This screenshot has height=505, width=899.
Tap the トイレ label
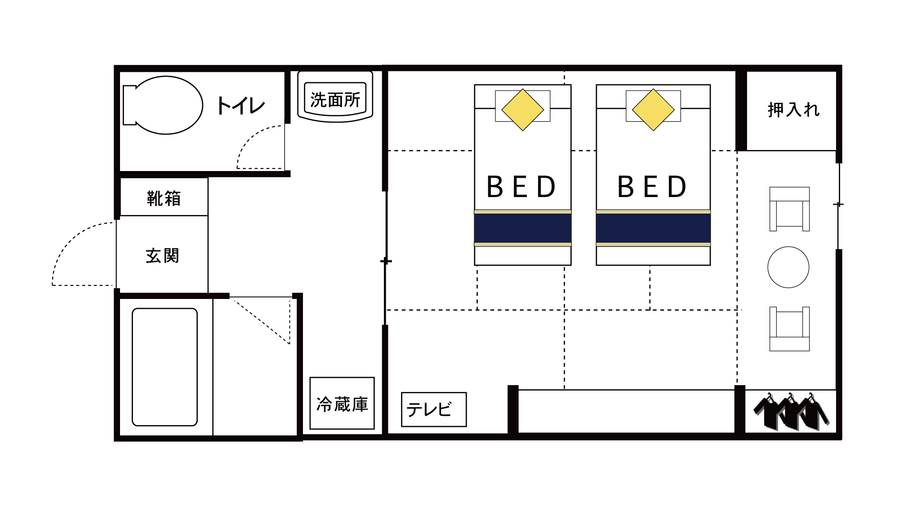[x=240, y=106]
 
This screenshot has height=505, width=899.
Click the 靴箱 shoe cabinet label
[x=164, y=198]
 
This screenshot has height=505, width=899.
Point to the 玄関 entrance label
[x=162, y=256]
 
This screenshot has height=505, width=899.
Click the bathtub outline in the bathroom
[x=165, y=367]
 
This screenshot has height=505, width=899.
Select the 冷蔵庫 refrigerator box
[x=342, y=404]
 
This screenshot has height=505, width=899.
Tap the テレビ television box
[x=433, y=409]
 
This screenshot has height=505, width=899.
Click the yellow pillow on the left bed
[x=522, y=110]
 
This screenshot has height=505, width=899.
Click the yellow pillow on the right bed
[x=653, y=110]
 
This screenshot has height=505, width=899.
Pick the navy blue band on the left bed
[x=522, y=228]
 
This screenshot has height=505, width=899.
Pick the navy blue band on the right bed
[x=653, y=228]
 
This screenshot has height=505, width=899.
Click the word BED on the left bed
[x=521, y=187]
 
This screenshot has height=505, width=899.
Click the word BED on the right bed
[x=652, y=187]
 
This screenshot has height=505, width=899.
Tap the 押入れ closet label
[x=793, y=110]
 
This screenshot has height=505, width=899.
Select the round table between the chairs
[x=788, y=267]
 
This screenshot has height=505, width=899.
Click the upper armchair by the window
[x=789, y=209]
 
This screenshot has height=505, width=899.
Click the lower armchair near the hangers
[x=789, y=329]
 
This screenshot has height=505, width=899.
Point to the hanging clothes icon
[x=791, y=412]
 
